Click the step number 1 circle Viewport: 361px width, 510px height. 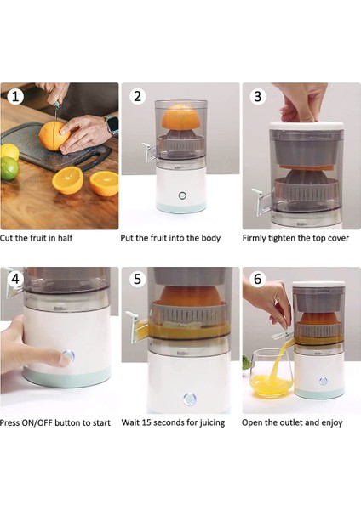(15, 97)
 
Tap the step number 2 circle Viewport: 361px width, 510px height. (137, 96)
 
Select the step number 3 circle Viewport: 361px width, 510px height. (258, 96)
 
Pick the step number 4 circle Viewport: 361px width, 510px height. (15, 279)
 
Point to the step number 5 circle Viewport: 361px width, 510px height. (137, 279)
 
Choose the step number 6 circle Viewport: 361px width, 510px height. (258, 279)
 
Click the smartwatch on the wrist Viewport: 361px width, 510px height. (112, 125)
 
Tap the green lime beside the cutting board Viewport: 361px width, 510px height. (9, 168)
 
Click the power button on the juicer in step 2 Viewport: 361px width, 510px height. (182, 195)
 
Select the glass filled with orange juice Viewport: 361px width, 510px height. (272, 373)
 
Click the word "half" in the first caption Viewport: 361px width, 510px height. (65, 238)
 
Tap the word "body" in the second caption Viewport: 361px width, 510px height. (211, 238)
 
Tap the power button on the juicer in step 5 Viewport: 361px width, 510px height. (190, 399)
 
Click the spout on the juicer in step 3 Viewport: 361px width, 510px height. (261, 201)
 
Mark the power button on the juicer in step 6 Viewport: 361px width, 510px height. (324, 381)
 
